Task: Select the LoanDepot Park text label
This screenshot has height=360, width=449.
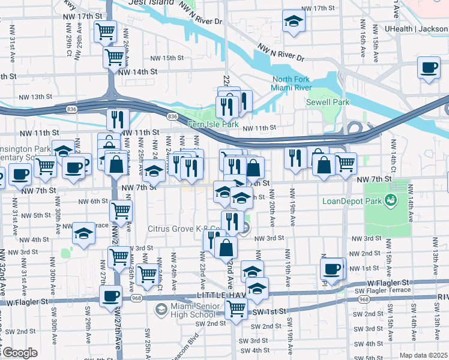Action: tap(351, 202)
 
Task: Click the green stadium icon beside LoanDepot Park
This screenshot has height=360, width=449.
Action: tap(391, 199)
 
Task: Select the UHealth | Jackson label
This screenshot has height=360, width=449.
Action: tap(417, 28)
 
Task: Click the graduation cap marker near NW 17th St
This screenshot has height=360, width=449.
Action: tap(294, 21)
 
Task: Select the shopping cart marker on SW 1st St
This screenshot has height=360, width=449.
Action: tap(236, 309)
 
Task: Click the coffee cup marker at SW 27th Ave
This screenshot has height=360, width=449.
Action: tap(111, 296)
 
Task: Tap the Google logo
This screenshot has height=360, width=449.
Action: tap(20, 353)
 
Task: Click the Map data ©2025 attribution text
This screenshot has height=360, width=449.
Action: tap(423, 355)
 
